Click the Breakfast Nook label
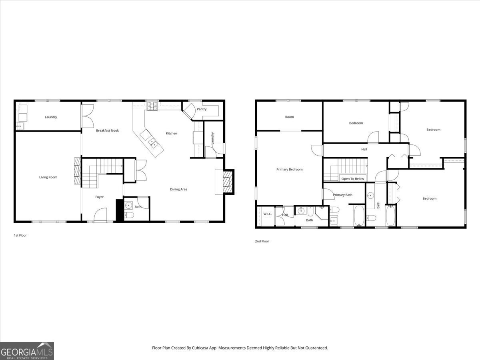pyautogui.click(x=107, y=130)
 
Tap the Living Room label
pyautogui.click(x=48, y=177)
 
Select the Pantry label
pyautogui.click(x=202, y=109)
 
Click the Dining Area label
pyautogui.click(x=178, y=189)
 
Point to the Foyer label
pyautogui.click(x=99, y=197)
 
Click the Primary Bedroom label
pyautogui.click(x=289, y=169)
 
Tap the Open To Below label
pyautogui.click(x=352, y=179)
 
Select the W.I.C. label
pyautogui.click(x=268, y=214)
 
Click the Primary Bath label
pyautogui.click(x=343, y=195)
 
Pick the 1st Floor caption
pyautogui.click(x=20, y=236)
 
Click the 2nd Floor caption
pyautogui.click(x=262, y=241)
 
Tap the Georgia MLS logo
pyautogui.click(x=27, y=351)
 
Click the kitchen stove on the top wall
pyautogui.click(x=152, y=106)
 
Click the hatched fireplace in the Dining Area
pyautogui.click(x=227, y=182)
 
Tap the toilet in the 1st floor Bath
pyautogui.click(x=129, y=216)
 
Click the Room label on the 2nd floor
pyautogui.click(x=289, y=117)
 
